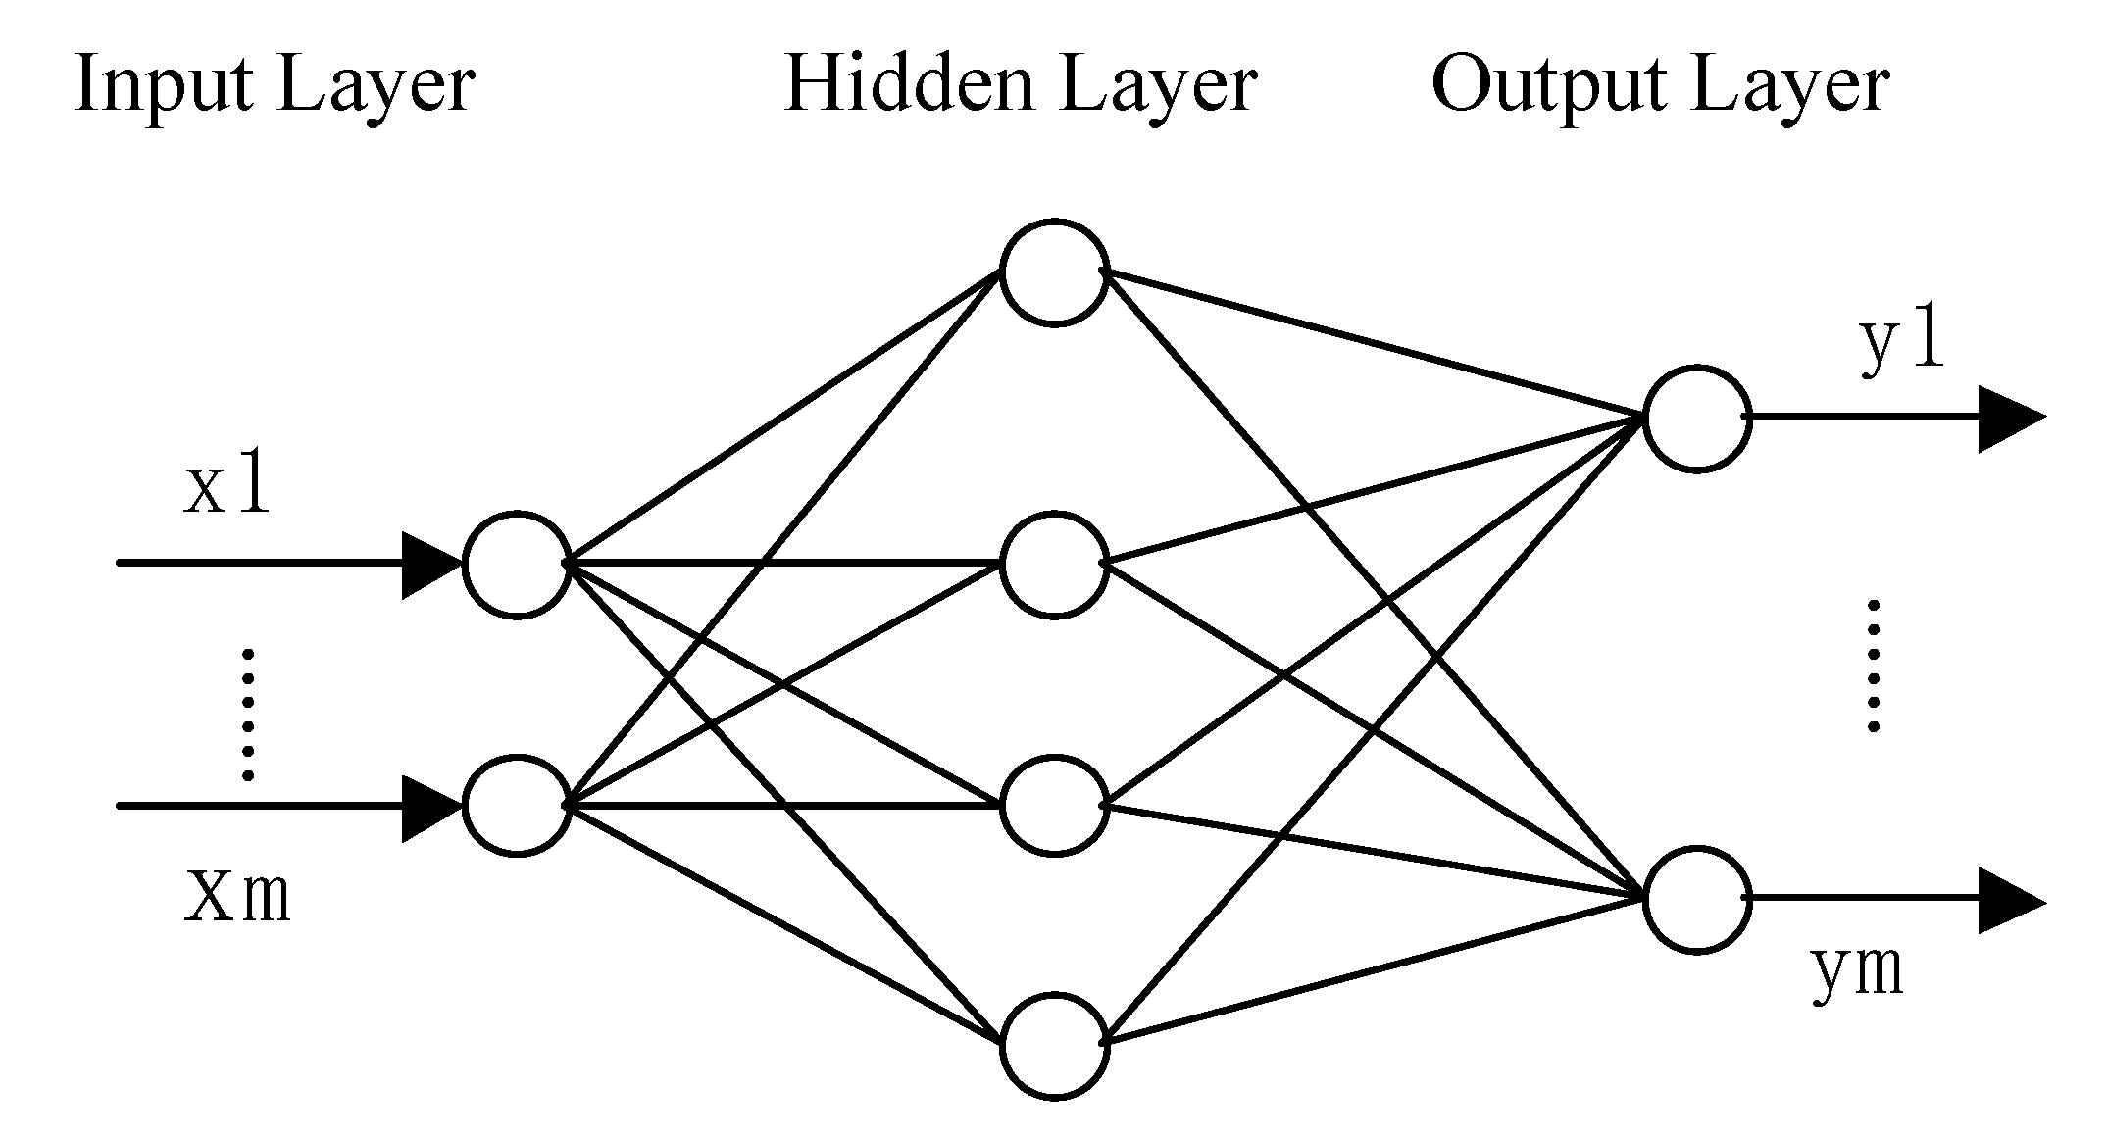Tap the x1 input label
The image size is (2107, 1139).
click(x=226, y=487)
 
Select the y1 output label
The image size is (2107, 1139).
click(x=1901, y=344)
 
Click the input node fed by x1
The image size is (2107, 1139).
click(x=517, y=565)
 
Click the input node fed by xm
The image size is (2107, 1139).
click(x=517, y=807)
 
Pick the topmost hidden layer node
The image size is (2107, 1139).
click(x=1054, y=272)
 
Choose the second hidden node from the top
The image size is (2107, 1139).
click(x=1054, y=565)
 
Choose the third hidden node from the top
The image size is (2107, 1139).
click(x=1054, y=807)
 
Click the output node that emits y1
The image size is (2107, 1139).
click(x=1697, y=419)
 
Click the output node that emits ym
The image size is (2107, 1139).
click(x=1697, y=899)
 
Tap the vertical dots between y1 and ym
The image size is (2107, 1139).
click(x=1874, y=667)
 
